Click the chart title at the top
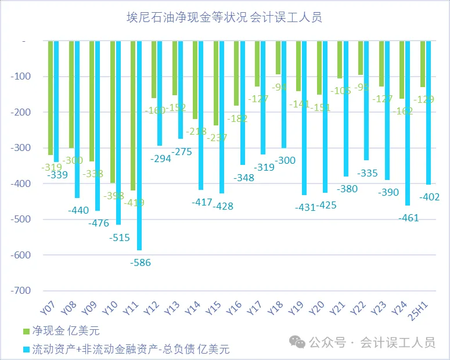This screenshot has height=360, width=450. coord(225,17)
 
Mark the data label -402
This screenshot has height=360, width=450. coord(429,197)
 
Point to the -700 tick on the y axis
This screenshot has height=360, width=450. coord(22,290)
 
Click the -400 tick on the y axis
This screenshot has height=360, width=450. coord(22,183)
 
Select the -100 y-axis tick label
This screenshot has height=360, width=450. coord(22,77)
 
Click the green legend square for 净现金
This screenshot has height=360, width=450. coord(26,331)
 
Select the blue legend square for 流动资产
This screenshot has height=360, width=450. coord(26,349)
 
